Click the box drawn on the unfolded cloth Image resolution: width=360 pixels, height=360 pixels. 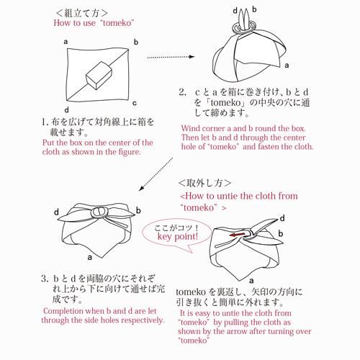pyautogui.click(x=99, y=76)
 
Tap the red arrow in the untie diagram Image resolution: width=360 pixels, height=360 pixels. pyautogui.click(x=237, y=235)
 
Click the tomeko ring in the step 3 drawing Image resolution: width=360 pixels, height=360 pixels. pyautogui.click(x=99, y=212)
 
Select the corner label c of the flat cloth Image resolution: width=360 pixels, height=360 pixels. pyautogui.click(x=135, y=103)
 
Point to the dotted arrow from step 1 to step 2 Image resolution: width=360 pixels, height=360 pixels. pyautogui.click(x=171, y=57)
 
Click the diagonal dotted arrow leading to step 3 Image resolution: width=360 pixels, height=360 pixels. pyautogui.click(x=156, y=174)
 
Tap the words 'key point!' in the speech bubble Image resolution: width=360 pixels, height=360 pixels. pyautogui.click(x=178, y=237)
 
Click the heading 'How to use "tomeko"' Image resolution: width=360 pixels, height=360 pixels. pyautogui.click(x=94, y=23)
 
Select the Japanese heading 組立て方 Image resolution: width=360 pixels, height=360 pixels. pyautogui.click(x=81, y=13)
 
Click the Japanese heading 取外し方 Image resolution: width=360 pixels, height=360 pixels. pyautogui.click(x=204, y=183)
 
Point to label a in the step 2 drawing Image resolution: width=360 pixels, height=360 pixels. pyautogui.click(x=287, y=66)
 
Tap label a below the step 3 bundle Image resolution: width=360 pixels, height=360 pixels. pyautogui.click(x=90, y=258)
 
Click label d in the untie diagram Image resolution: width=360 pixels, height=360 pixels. pyautogui.click(x=282, y=218)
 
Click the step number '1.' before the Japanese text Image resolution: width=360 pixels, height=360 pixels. pyautogui.click(x=45, y=122)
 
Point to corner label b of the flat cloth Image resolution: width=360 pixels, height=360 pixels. pyautogui.click(x=136, y=42)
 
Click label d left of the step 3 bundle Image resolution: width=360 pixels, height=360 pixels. pyautogui.click(x=56, y=212)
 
